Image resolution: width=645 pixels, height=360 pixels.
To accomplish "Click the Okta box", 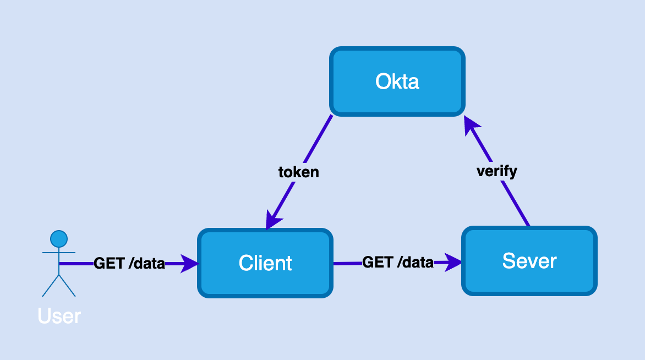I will pos(397,61).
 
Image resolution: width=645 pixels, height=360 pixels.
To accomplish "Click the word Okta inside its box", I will pos(397,81).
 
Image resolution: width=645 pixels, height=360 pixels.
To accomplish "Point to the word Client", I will pos(265,263).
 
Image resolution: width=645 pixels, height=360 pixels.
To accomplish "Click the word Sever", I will pos(529,260).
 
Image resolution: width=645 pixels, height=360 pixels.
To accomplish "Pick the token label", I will pos(298,172).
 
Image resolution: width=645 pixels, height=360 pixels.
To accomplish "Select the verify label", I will pos(496,171).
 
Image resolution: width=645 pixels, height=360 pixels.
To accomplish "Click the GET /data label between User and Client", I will pos(129,264).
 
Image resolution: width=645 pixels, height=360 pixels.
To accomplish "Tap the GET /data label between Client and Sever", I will pos(397,263).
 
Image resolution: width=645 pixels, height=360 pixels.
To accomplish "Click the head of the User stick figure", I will pos(59,239).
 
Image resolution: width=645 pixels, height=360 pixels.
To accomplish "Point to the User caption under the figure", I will pos(59,316).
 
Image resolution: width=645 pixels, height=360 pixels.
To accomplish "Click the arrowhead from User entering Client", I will pos(189,264).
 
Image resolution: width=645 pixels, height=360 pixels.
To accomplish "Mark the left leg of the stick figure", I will pos(51,286).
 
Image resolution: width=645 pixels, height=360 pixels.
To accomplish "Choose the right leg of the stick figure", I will pos(67,286).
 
